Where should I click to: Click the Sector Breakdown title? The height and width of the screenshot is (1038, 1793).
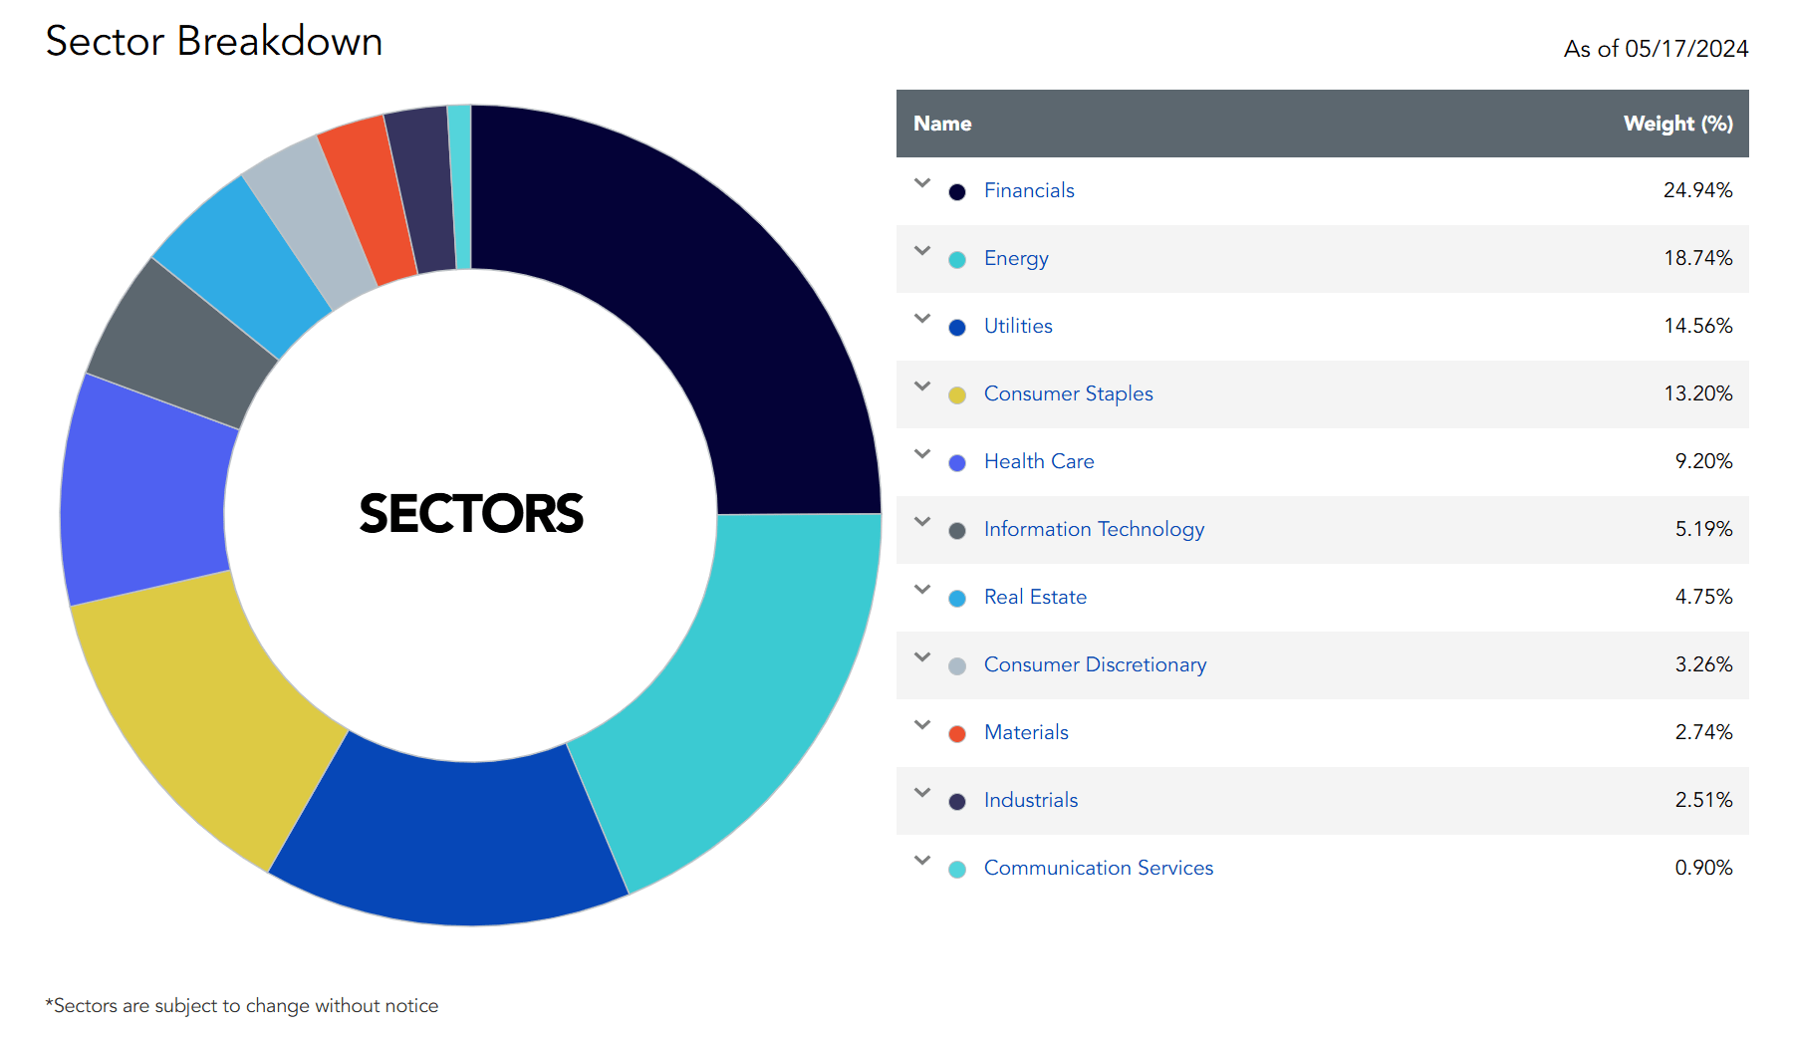pos(214,42)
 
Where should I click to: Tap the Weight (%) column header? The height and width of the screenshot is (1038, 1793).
pos(1677,124)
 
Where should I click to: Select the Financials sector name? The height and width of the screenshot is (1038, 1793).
pos(1029,190)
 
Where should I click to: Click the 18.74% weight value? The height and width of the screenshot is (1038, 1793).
pos(1697,258)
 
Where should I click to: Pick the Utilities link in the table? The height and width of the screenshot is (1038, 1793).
pos(1018,326)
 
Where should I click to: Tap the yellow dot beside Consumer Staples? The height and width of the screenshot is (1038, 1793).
pos(957,395)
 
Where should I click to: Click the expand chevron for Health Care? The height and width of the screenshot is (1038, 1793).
pos(922,454)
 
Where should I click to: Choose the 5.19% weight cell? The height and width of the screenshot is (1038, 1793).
pos(1703,529)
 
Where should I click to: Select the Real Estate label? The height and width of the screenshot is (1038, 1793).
pos(1035,597)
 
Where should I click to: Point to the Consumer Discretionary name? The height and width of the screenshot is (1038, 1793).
pos(1095,664)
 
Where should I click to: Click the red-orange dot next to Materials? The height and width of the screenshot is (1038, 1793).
pos(957,734)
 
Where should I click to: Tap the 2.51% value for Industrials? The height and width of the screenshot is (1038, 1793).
pos(1703,800)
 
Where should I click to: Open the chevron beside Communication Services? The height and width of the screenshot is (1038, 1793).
pos(922,861)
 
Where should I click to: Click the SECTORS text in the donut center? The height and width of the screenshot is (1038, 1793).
pos(471,514)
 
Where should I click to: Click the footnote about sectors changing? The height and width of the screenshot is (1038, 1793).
pos(242,1006)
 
